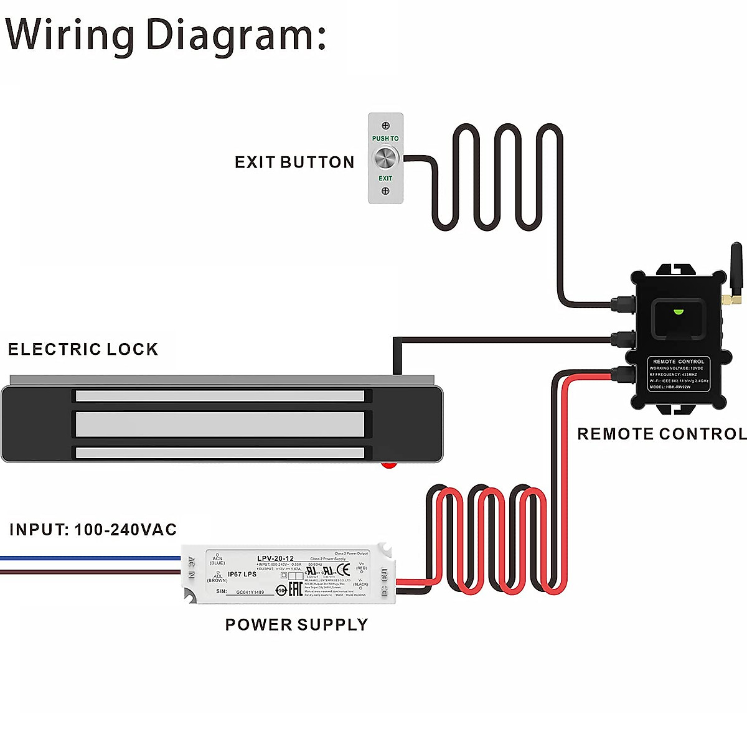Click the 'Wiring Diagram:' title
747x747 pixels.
pyautogui.click(x=166, y=35)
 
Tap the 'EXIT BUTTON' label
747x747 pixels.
pyautogui.click(x=294, y=162)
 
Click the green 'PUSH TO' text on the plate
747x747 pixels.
pyautogui.click(x=385, y=138)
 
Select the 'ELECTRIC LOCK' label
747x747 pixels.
pyautogui.click(x=83, y=349)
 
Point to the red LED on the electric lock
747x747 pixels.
pyautogui.click(x=390, y=464)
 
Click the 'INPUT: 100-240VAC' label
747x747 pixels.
pyautogui.click(x=93, y=530)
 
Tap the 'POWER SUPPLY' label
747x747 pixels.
pyautogui.click(x=296, y=624)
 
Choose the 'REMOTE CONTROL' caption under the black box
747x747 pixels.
pyautogui.click(x=661, y=434)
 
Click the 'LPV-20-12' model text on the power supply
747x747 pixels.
pyautogui.click(x=275, y=558)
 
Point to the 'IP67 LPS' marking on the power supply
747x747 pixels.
pyautogui.click(x=242, y=574)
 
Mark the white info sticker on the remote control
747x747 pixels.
pyautogui.click(x=678, y=374)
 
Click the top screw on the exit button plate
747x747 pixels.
pyautogui.click(x=385, y=126)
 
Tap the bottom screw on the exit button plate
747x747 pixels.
pyautogui.click(x=385, y=191)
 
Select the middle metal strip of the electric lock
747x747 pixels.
pyautogui.click(x=220, y=424)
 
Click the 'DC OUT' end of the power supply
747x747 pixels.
pyautogui.click(x=385, y=581)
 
